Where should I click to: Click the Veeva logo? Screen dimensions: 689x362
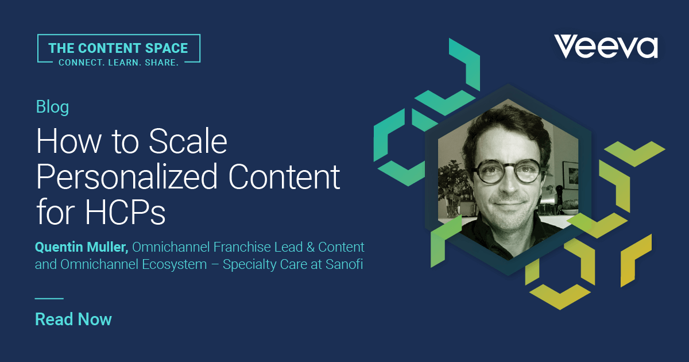[x=606, y=46]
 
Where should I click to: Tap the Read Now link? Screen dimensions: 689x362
[x=73, y=319]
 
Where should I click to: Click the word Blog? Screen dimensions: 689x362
[x=53, y=107]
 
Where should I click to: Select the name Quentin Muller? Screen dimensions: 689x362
[x=82, y=247]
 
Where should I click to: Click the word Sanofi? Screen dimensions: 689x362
[x=344, y=264]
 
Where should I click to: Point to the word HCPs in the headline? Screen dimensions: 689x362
[x=125, y=212]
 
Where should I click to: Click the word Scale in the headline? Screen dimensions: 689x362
[x=188, y=141]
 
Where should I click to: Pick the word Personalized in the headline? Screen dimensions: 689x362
[x=127, y=177]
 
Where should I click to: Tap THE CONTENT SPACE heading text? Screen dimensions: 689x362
[x=118, y=48]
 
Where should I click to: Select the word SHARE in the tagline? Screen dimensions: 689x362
[x=161, y=63]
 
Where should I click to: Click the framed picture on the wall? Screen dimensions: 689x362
[x=570, y=175]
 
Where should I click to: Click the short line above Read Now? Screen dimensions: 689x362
[x=49, y=298]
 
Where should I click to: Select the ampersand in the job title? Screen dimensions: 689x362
[x=311, y=247]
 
